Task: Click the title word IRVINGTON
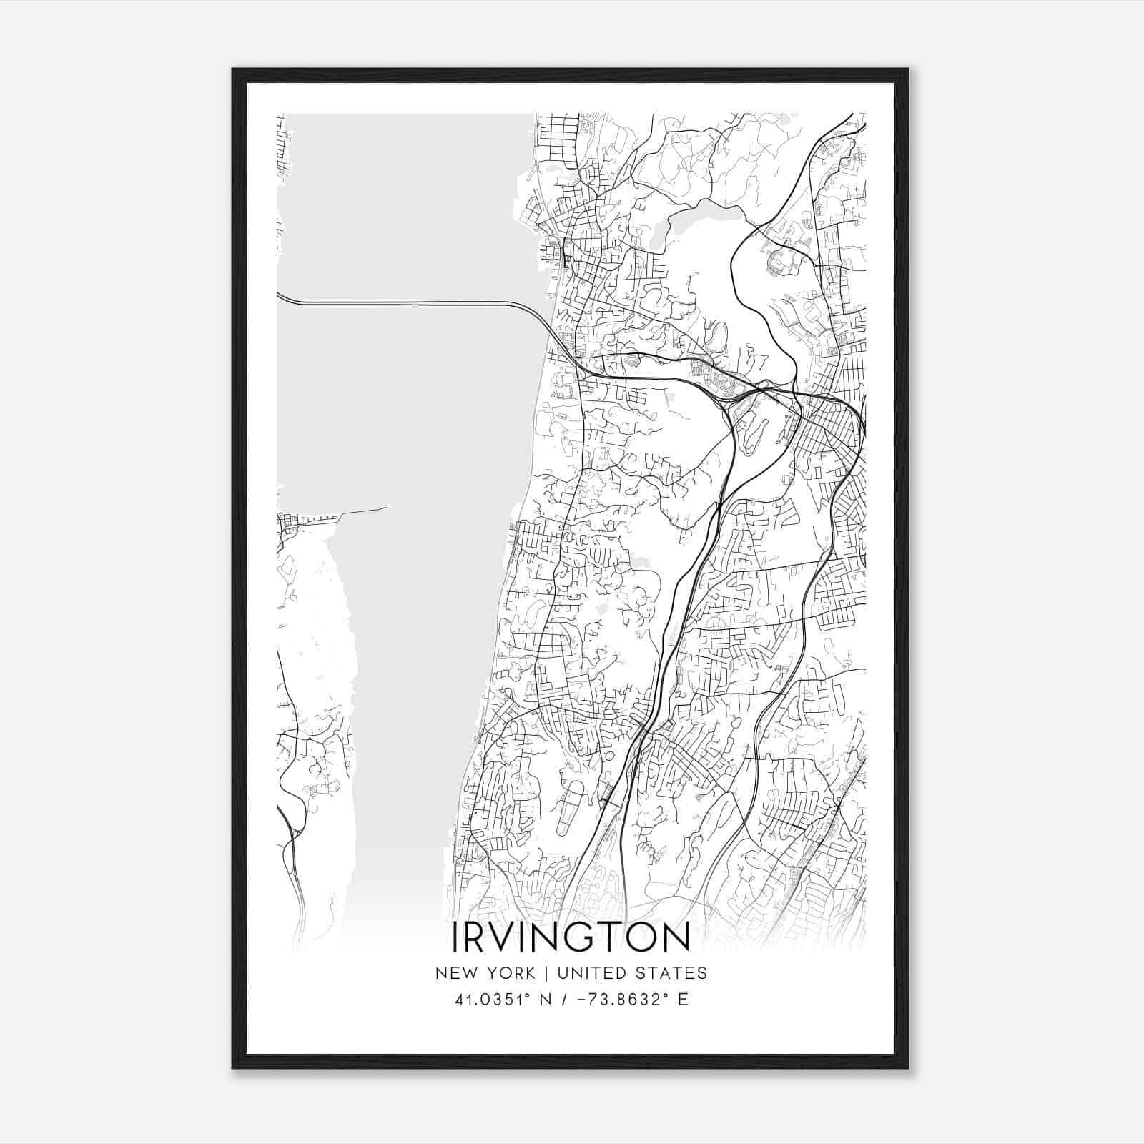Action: point(571,937)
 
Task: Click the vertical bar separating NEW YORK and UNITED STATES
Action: point(545,973)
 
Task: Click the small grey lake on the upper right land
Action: point(690,222)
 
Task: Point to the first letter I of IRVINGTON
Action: point(456,937)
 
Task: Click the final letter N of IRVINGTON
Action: point(677,937)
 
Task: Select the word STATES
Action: point(675,973)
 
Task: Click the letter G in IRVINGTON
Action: point(578,937)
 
